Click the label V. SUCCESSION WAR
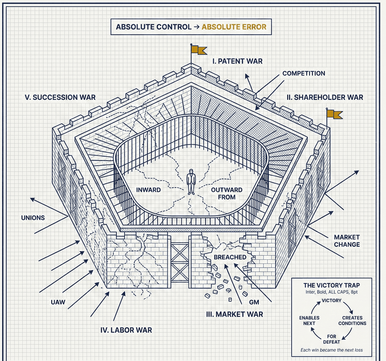[x=60, y=97]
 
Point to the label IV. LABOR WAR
[x=126, y=330]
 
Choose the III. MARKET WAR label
[x=234, y=314]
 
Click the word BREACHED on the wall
[x=230, y=257]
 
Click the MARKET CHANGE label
[x=346, y=240]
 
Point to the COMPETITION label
[x=303, y=73]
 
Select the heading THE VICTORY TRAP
[x=331, y=285]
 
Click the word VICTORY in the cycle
[x=331, y=301]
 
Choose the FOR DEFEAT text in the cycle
[x=331, y=340]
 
